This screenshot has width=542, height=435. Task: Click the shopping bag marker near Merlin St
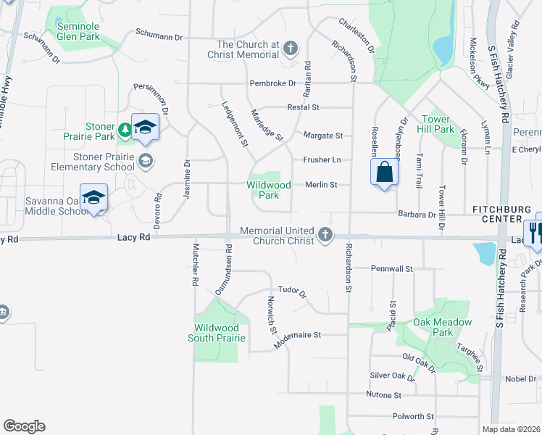pos(384,173)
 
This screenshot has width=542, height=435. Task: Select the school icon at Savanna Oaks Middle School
pos(94,198)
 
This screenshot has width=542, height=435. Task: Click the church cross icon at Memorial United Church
pos(325,235)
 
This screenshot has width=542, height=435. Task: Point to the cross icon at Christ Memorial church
pos(290,49)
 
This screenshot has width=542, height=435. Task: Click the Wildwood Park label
pos(268,190)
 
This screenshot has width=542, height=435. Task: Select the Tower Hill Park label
pos(436,124)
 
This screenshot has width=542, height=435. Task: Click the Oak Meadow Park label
pos(442,327)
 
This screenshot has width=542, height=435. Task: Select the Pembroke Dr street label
pos(273,83)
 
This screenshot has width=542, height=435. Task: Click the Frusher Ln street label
pos(322,159)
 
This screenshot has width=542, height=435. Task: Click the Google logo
pos(24,426)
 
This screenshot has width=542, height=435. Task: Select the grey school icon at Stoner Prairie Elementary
pos(145,160)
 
